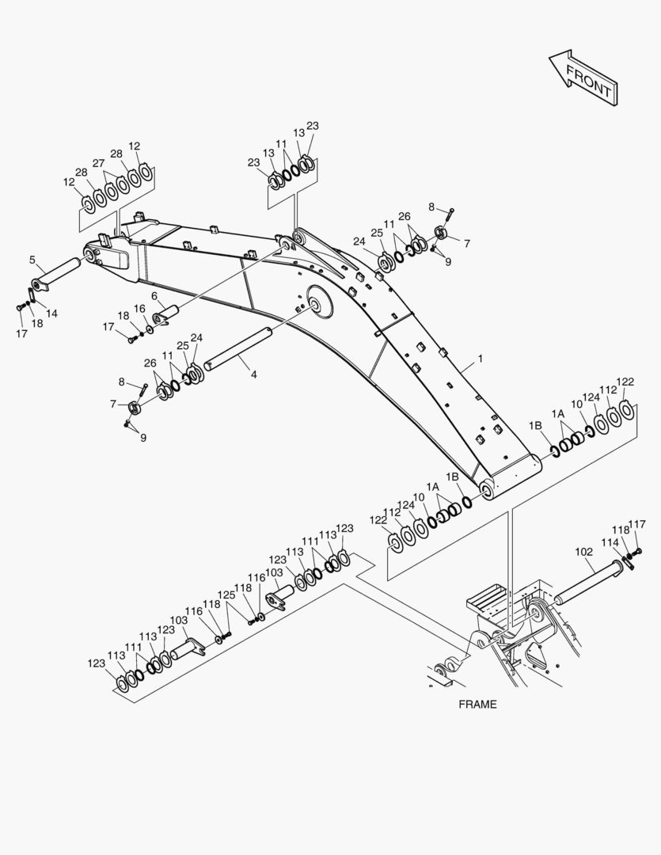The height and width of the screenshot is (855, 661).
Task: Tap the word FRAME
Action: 478,704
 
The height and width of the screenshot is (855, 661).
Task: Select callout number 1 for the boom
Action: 481,359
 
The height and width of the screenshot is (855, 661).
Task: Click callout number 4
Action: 253,375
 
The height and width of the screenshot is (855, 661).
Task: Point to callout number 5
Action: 32,260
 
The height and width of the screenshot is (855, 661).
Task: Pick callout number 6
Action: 154,295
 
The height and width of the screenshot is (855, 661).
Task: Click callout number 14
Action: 51,313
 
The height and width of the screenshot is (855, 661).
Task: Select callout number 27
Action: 98,163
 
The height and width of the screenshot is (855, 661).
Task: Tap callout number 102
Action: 583,552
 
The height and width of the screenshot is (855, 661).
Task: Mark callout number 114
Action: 610,542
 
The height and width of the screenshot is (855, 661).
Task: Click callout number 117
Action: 637,524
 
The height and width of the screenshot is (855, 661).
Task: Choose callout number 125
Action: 226,595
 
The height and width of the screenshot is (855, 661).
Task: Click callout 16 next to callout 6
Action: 139,309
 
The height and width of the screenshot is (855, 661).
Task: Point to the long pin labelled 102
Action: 588,583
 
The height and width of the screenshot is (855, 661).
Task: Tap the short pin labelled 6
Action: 167,315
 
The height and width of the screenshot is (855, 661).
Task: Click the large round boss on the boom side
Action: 320,301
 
